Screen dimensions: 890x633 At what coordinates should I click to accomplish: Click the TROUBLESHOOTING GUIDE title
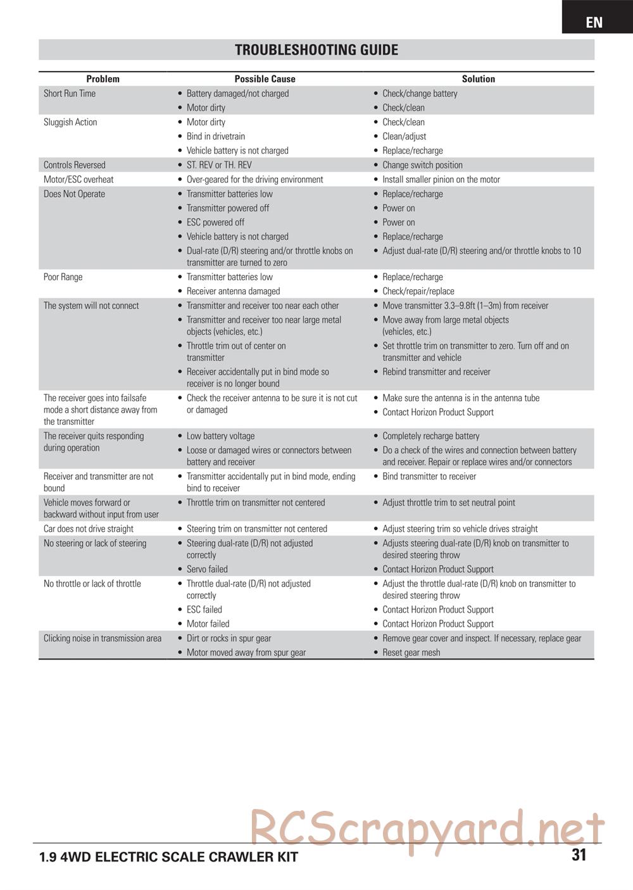[316, 50]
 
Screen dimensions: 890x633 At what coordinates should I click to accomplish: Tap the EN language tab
[594, 22]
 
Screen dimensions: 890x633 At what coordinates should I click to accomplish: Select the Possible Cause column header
[265, 79]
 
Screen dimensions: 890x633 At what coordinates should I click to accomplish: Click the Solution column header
[478, 79]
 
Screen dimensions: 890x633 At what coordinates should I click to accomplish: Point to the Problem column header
[103, 79]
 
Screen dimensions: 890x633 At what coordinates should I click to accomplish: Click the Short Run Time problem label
[70, 94]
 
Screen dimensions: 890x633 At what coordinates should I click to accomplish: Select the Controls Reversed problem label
[75, 165]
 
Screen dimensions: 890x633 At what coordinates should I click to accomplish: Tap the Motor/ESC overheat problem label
[78, 180]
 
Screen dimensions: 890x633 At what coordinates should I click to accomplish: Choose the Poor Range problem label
[63, 277]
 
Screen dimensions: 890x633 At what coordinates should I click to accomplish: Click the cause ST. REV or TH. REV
[219, 165]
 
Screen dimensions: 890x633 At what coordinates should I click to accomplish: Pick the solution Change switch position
[422, 165]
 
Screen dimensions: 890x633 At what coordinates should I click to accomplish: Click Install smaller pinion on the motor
[441, 180]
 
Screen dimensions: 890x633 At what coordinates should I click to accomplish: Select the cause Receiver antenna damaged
[233, 292]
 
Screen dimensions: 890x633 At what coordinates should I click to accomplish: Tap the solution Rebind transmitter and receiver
[436, 372]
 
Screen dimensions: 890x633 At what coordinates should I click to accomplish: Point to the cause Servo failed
[207, 570]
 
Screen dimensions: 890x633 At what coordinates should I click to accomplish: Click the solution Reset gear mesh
[411, 653]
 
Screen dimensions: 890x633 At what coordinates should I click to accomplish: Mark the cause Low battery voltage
[220, 436]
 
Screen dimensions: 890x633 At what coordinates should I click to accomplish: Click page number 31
[579, 855]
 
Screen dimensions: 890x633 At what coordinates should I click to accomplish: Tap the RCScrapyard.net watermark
[427, 828]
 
